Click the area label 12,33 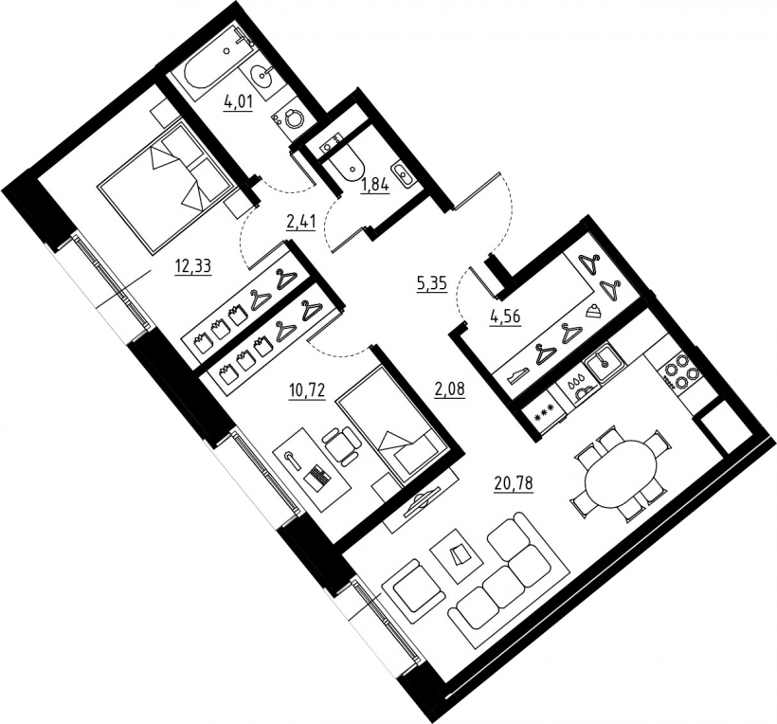pos(192,266)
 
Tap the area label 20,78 pos(514,481)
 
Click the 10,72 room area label pos(307,391)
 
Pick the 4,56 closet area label pos(506,317)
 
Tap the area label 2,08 pos(450,389)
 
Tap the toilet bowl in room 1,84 pos(347,166)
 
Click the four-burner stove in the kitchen pos(678,374)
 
